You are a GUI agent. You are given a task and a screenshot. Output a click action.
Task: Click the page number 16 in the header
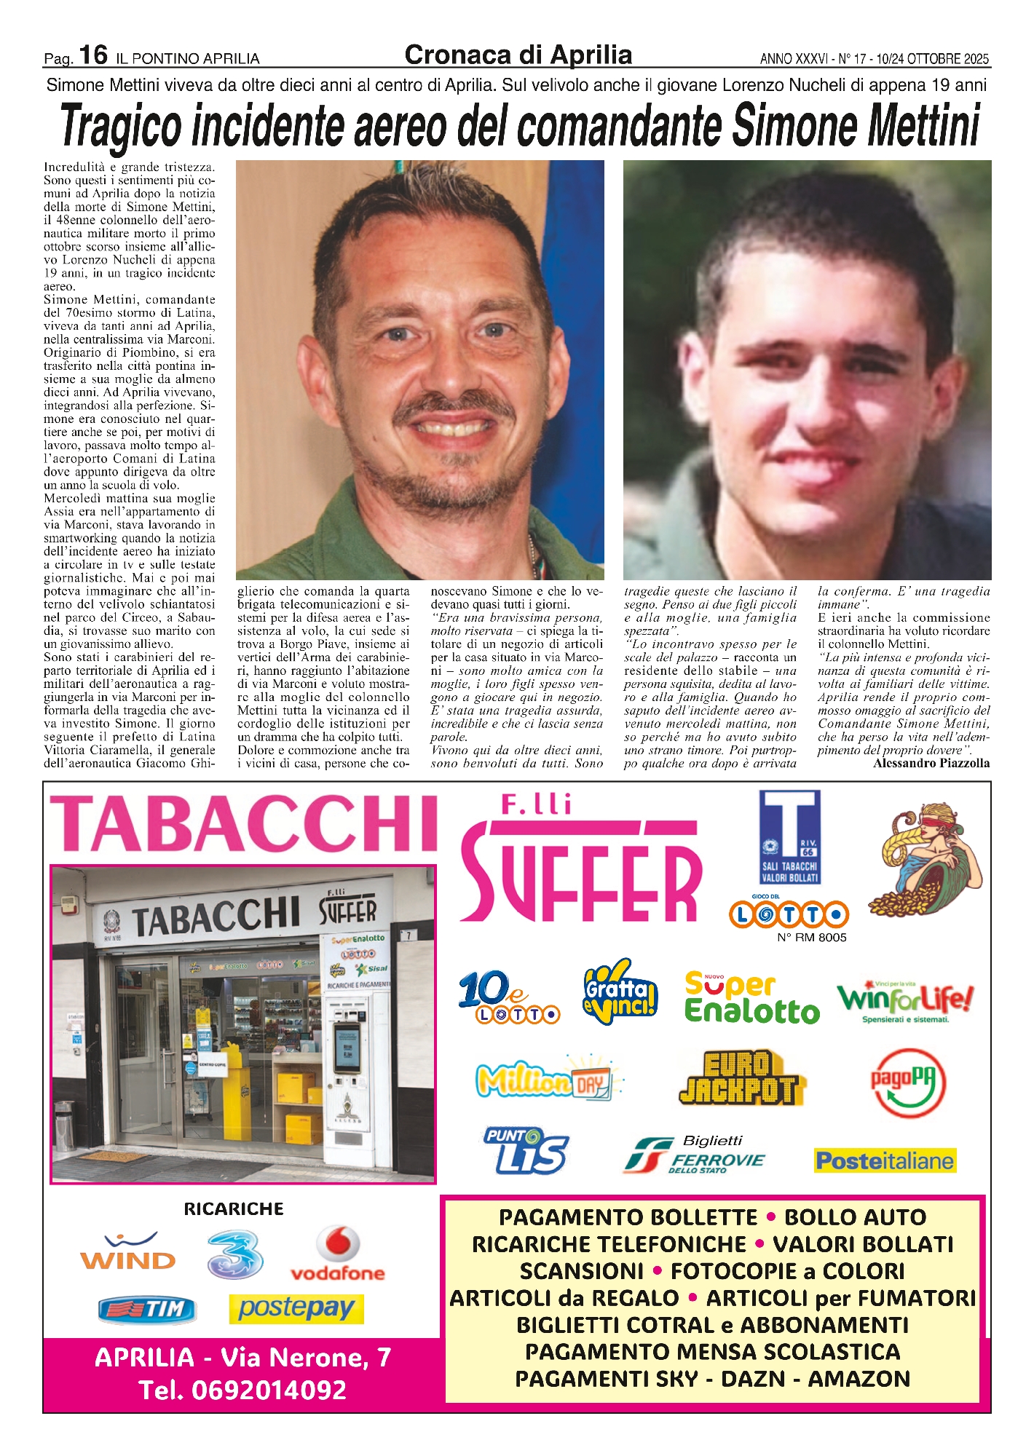point(93,55)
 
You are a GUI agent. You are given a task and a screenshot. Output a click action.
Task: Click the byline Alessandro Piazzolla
point(931,763)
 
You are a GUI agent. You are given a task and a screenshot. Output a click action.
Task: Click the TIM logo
point(147,1310)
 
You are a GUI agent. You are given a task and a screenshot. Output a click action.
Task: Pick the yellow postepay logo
point(296,1308)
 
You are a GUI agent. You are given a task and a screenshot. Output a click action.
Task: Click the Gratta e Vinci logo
point(620,992)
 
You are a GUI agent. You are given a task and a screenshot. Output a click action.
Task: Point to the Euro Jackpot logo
point(738,1078)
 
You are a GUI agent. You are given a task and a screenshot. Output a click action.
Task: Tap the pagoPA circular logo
point(908,1083)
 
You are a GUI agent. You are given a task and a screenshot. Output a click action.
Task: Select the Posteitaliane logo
point(885,1160)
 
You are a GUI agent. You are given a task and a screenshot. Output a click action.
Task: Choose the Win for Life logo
point(904,1000)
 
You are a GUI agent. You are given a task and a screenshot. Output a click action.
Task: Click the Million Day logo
point(548,1079)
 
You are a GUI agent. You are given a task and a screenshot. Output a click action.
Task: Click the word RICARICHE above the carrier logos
point(234,1208)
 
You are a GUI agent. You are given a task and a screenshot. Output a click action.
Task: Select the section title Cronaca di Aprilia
point(518,55)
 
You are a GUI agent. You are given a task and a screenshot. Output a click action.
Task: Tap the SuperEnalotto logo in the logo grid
point(751,998)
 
